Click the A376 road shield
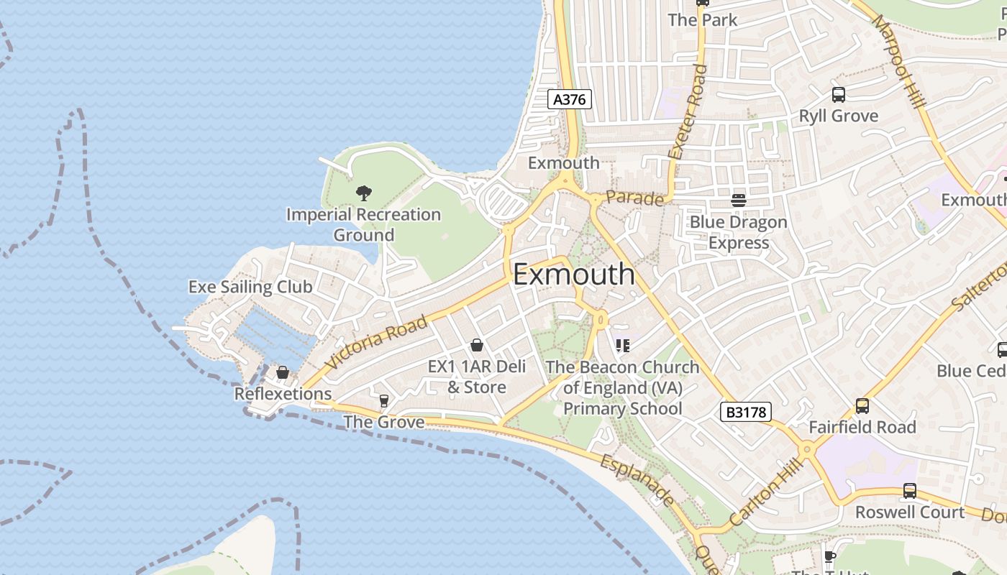coord(570,99)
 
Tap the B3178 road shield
coord(745,412)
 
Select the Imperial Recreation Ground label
coord(363,224)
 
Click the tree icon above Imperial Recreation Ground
coord(364,193)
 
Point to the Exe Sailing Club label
coord(250,287)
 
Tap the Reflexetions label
coord(283,394)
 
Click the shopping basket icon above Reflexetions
coord(283,372)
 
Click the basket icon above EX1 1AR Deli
coord(476,346)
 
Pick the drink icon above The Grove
coord(383,400)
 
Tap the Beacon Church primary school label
coord(622,387)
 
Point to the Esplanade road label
coord(637,479)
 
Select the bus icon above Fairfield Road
coord(862,406)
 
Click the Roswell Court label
coord(909,512)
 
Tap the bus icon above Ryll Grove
coord(838,95)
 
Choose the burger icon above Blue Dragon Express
coord(739,200)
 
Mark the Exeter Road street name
coord(688,111)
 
